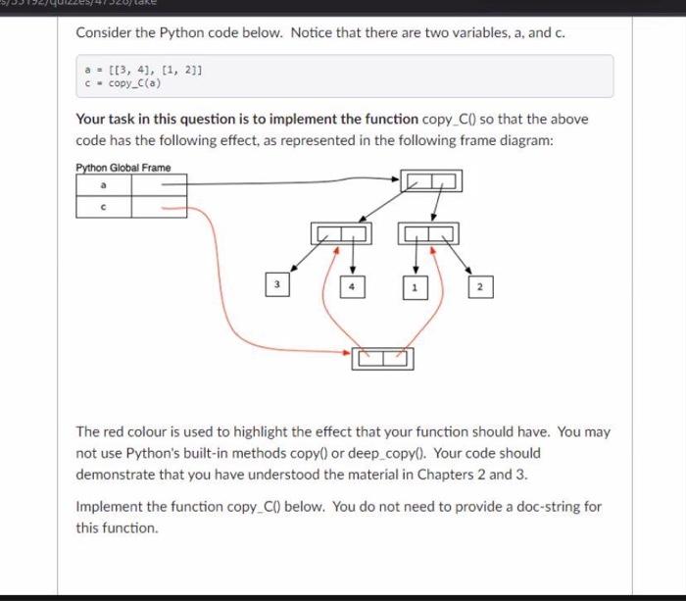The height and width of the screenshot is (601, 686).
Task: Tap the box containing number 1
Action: [415, 288]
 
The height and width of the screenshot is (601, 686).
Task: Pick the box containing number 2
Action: [479, 288]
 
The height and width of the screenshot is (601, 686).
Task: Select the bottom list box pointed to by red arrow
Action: [383, 359]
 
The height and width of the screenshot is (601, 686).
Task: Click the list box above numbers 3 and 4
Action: [342, 234]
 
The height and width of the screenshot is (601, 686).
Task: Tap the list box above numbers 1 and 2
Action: [428, 234]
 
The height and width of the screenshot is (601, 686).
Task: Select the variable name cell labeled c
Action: [103, 207]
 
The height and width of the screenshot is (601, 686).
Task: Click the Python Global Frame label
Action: [122, 168]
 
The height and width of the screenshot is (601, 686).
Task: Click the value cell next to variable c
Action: [159, 207]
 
